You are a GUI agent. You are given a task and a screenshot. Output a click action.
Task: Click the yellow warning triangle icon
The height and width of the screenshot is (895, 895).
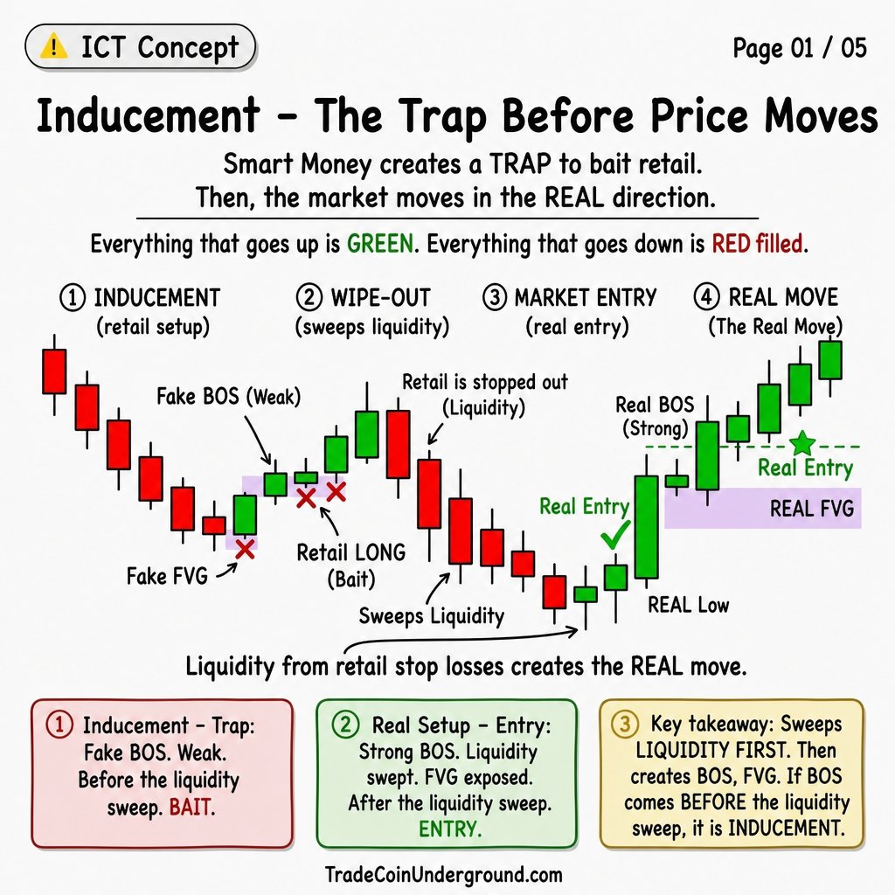click(x=53, y=46)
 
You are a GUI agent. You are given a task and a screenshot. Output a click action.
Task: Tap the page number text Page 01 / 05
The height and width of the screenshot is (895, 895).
click(x=800, y=48)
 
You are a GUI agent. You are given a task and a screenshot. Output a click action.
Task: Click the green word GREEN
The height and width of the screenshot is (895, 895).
click(x=380, y=244)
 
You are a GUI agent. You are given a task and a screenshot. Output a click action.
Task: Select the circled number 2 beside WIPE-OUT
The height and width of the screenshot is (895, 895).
click(x=309, y=297)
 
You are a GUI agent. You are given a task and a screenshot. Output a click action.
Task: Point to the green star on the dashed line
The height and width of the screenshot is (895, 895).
click(x=802, y=443)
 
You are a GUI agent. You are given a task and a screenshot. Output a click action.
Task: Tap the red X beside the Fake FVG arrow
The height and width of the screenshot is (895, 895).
click(x=245, y=549)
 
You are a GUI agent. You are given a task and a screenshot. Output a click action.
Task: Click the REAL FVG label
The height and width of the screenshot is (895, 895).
click(x=812, y=508)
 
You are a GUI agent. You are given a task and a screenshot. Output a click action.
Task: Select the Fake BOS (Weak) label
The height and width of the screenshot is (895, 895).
click(x=228, y=396)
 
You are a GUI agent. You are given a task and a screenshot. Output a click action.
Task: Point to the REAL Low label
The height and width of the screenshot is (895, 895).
click(x=688, y=605)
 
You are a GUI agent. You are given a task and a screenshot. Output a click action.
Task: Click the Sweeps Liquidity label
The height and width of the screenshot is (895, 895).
click(x=432, y=616)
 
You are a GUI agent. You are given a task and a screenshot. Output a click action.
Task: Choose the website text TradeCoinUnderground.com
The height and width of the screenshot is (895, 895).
click(x=443, y=874)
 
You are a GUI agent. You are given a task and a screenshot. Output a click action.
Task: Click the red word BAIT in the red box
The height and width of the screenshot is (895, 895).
click(x=191, y=808)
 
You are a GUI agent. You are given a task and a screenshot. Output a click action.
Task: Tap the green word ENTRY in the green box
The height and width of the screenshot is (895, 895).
click(x=450, y=829)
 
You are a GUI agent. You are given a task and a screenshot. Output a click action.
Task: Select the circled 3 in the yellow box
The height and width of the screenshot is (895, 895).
click(x=625, y=725)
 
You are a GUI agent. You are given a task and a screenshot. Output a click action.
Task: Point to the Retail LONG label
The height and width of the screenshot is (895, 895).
click(x=351, y=552)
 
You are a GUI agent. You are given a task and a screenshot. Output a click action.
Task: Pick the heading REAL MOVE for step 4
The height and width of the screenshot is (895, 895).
click(x=783, y=297)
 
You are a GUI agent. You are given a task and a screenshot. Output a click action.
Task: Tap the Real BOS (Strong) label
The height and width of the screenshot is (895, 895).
click(x=655, y=416)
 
